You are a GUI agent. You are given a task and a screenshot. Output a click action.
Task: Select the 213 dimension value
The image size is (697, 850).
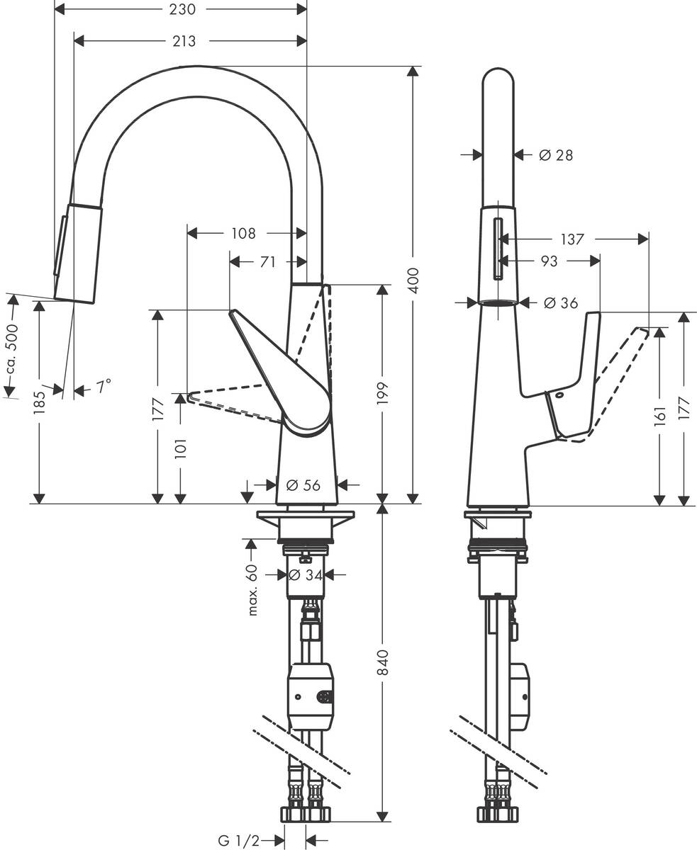184,42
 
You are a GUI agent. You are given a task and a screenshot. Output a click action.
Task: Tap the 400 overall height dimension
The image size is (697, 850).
414,281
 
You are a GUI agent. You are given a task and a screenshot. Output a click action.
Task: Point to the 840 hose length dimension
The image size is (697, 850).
383,662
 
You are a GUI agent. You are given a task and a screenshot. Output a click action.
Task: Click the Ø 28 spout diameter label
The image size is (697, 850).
556,155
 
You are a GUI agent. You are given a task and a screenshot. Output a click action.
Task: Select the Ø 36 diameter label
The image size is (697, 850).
560,303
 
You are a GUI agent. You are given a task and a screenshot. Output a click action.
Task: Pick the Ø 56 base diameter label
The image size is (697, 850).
303,485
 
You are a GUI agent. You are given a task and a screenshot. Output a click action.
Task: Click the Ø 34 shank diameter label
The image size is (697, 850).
306,575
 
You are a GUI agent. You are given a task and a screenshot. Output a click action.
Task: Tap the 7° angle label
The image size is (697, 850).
104,387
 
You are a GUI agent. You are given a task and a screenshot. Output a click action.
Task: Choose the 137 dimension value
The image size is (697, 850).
571,239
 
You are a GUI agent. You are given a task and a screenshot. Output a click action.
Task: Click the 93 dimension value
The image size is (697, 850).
549,261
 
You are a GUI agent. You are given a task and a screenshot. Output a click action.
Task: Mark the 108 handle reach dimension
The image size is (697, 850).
242,233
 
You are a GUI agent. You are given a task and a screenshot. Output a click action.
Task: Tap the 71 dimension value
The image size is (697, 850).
267,262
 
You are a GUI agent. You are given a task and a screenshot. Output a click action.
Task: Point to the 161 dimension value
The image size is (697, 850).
659,415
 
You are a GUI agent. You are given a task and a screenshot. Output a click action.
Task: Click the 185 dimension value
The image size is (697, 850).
39,402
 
